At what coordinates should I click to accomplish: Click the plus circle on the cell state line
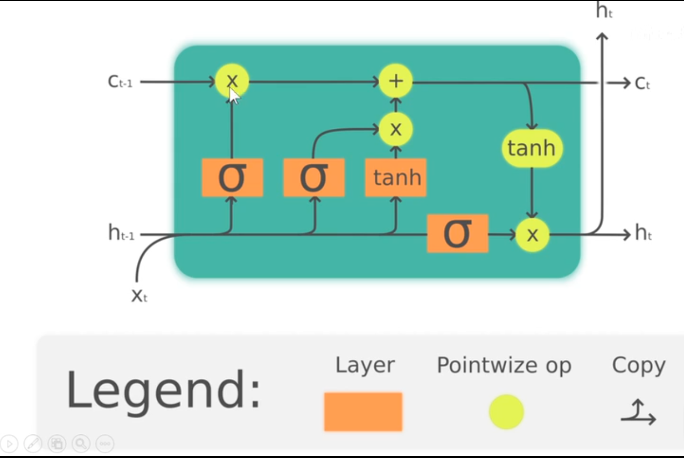pyautogui.click(x=396, y=81)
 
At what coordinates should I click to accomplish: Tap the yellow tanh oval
pyautogui.click(x=532, y=148)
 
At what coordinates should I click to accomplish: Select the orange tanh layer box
pyautogui.click(x=396, y=177)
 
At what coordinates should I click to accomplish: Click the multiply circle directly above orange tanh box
pyautogui.click(x=396, y=129)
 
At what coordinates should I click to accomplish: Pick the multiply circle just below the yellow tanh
pyautogui.click(x=532, y=234)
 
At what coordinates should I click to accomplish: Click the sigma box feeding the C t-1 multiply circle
pyautogui.click(x=232, y=177)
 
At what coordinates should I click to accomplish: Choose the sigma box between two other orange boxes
pyautogui.click(x=314, y=177)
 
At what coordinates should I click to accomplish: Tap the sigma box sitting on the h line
pyautogui.click(x=457, y=233)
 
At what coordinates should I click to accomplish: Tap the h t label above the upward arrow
pyautogui.click(x=604, y=11)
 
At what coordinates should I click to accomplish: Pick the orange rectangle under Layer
pyautogui.click(x=363, y=412)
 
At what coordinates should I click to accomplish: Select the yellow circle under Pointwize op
pyautogui.click(x=506, y=412)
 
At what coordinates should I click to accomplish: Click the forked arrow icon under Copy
pyautogui.click(x=639, y=412)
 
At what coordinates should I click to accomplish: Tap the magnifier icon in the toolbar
pyautogui.click(x=81, y=443)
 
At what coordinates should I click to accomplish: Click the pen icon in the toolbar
pyautogui.click(x=33, y=443)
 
